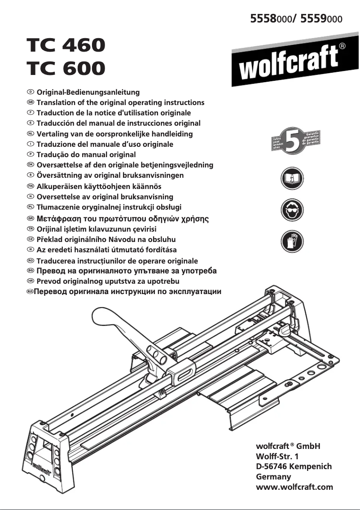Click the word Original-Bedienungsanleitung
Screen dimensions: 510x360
coord(88,92)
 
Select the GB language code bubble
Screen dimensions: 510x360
coord(31,102)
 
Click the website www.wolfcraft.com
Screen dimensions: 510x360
coord(294,487)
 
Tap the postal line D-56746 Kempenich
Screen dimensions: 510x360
coord(293,466)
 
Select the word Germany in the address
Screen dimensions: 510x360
coord(273,477)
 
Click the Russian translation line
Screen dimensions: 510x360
coord(128,292)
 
